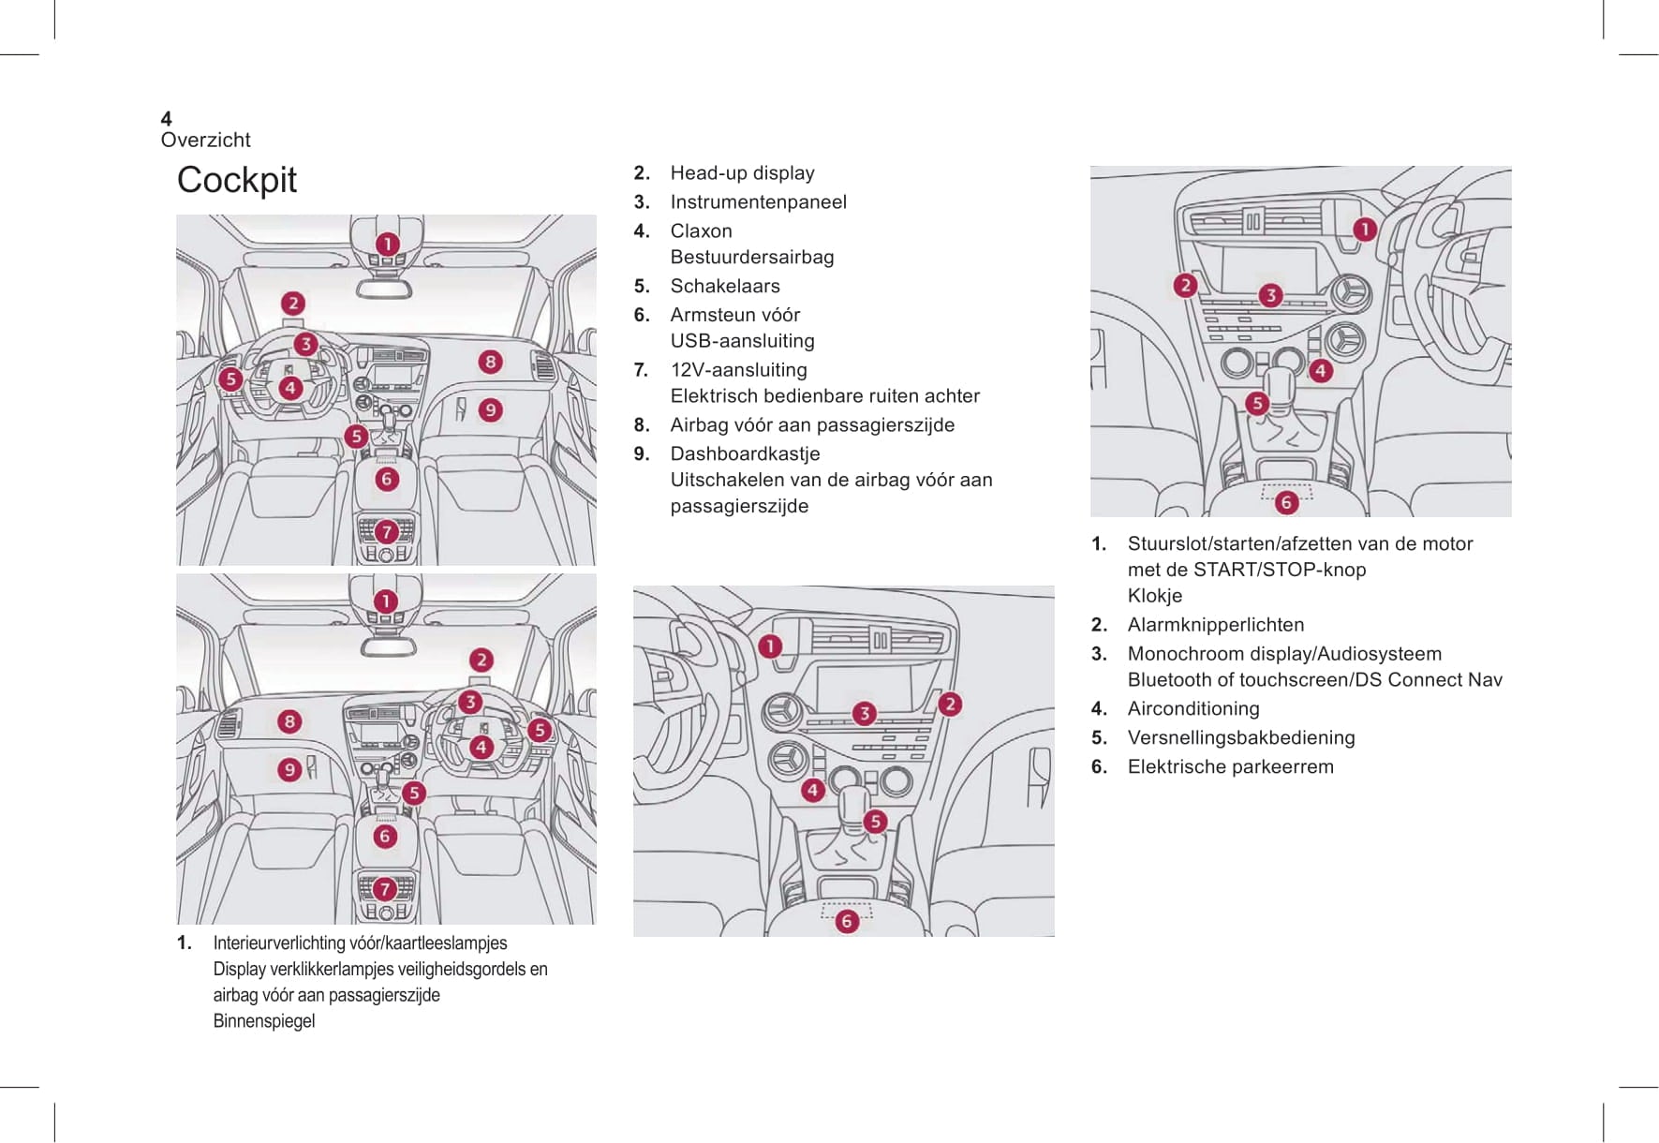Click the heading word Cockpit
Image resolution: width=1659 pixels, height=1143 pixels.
[236, 180]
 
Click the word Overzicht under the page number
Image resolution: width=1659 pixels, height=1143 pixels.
[205, 140]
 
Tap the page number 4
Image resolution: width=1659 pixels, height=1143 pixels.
[166, 118]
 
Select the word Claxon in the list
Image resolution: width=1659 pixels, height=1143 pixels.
[701, 230]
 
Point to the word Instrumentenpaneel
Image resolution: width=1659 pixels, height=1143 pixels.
[758, 201]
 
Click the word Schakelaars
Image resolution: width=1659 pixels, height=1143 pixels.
[724, 286]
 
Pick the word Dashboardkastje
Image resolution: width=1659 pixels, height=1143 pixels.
[745, 453]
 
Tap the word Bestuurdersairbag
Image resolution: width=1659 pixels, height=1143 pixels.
[751, 257]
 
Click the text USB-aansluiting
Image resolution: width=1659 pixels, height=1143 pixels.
[742, 341]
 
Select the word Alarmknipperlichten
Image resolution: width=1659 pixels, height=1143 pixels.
[1215, 625]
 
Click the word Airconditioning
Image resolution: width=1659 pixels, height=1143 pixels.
[1192, 708]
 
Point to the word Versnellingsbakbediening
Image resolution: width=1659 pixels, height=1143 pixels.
[1240, 737]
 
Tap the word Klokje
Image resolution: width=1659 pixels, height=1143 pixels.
[1154, 596]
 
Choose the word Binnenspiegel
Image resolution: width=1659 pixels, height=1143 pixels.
[263, 1021]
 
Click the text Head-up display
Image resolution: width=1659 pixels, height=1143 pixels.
[742, 172]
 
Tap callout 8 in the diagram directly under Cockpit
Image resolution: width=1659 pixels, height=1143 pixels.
[490, 362]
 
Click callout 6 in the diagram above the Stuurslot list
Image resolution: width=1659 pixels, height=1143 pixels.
[1286, 502]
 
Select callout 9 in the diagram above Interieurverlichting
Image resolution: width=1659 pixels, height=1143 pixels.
[289, 769]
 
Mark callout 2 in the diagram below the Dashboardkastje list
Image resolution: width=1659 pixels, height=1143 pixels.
[950, 705]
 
